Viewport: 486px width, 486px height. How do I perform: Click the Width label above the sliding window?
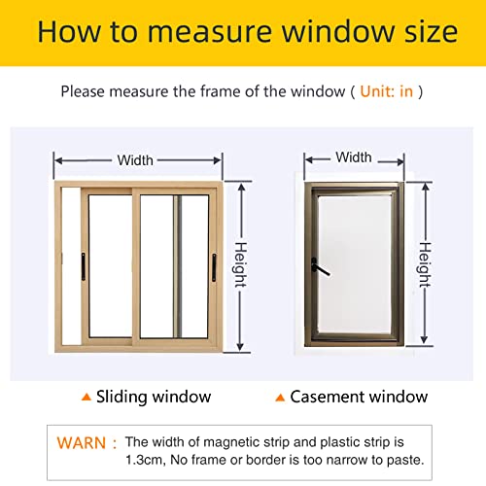tap(135, 160)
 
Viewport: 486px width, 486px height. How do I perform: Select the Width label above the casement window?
tap(353, 157)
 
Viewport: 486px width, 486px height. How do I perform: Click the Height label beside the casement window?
tap(424, 260)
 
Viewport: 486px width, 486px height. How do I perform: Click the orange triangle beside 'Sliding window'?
tap(87, 397)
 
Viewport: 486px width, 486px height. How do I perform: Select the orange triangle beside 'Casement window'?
tap(281, 397)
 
